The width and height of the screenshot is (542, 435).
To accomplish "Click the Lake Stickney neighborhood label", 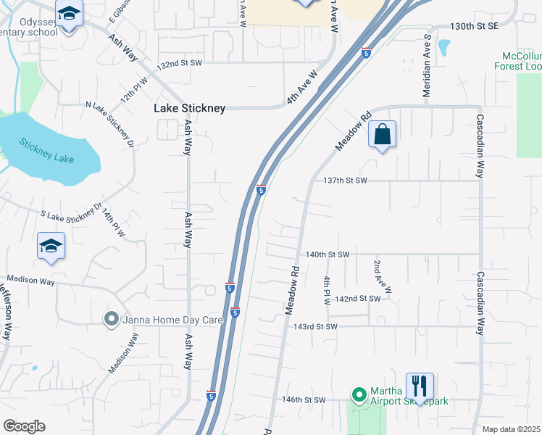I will (189, 109).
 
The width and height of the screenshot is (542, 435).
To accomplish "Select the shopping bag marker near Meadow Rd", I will (382, 135).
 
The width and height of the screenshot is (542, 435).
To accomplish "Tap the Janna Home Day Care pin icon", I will (111, 319).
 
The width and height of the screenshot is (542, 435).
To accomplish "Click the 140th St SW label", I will (328, 254).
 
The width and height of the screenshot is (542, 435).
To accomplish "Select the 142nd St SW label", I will (357, 299).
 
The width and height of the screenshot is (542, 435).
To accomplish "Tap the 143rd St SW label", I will (316, 326).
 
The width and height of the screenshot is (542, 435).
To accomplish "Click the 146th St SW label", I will (304, 399).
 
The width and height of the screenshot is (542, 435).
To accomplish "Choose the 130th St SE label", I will (475, 26).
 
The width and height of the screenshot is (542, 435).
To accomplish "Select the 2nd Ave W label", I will (382, 277).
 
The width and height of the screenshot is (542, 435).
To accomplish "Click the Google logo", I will (24, 426).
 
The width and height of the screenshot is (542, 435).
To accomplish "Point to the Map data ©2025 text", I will (512, 429).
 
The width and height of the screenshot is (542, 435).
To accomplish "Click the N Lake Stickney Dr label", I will (111, 125).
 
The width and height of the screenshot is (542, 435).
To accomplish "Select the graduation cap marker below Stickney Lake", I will (51, 246).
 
